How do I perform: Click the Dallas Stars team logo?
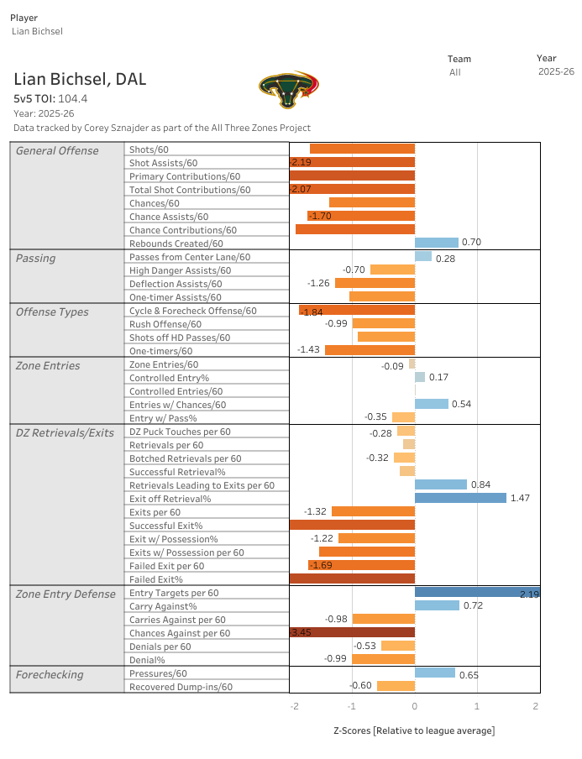click(x=289, y=90)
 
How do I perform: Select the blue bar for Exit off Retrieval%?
click(x=460, y=498)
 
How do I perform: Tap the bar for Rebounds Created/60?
click(x=436, y=243)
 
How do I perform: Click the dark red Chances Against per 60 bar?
click(x=352, y=632)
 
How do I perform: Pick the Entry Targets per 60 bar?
click(x=477, y=592)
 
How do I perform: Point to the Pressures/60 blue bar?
click(x=435, y=673)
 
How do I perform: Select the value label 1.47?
click(x=520, y=498)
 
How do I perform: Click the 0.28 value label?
click(x=445, y=259)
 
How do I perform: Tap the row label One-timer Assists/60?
click(x=176, y=297)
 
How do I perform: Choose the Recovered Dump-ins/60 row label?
click(x=181, y=687)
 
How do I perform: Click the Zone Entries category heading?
click(x=48, y=366)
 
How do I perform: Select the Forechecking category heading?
click(x=50, y=675)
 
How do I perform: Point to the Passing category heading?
click(x=36, y=259)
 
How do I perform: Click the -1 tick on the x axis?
click(x=352, y=706)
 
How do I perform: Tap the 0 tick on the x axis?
click(x=415, y=706)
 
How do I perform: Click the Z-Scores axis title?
click(x=415, y=730)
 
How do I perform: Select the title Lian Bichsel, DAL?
click(x=80, y=80)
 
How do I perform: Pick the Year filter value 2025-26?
click(x=556, y=71)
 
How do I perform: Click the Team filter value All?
click(x=455, y=72)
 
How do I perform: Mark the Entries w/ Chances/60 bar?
click(x=432, y=404)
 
